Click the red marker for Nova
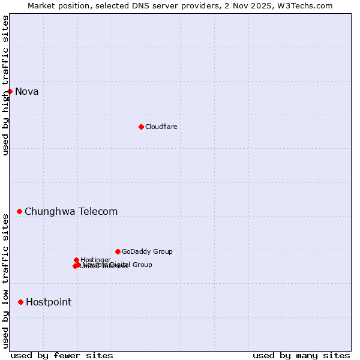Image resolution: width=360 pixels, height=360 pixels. [10, 91]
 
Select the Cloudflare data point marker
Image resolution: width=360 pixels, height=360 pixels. [141, 127]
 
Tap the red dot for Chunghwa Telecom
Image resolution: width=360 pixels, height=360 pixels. [20, 211]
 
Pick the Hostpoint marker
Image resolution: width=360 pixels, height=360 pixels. [21, 302]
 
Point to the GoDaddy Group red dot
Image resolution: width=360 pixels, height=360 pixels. [118, 251]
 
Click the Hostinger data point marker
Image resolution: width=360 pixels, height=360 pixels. [76, 260]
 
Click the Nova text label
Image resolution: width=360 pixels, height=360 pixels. [26, 91]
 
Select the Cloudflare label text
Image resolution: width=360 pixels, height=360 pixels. [161, 127]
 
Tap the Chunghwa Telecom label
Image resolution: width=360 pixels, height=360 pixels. [71, 211]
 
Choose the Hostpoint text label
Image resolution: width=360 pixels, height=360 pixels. [48, 302]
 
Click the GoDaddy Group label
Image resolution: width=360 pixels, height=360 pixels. [147, 251]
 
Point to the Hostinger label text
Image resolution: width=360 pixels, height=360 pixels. [95, 260]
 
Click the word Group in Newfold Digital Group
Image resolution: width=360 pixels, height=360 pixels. [142, 265]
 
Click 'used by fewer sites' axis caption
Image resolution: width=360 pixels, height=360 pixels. [61, 355]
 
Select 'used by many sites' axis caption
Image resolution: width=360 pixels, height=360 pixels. [301, 355]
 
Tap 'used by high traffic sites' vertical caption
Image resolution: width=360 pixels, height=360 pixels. [6, 85]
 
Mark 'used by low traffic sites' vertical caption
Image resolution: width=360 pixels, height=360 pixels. [6, 281]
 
